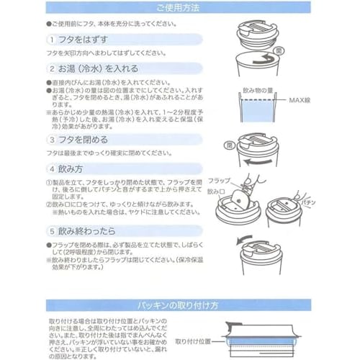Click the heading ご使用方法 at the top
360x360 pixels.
(180, 8)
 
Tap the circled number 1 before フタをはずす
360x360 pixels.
(52, 38)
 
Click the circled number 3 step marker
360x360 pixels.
(52, 138)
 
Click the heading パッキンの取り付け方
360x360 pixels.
(180, 305)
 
